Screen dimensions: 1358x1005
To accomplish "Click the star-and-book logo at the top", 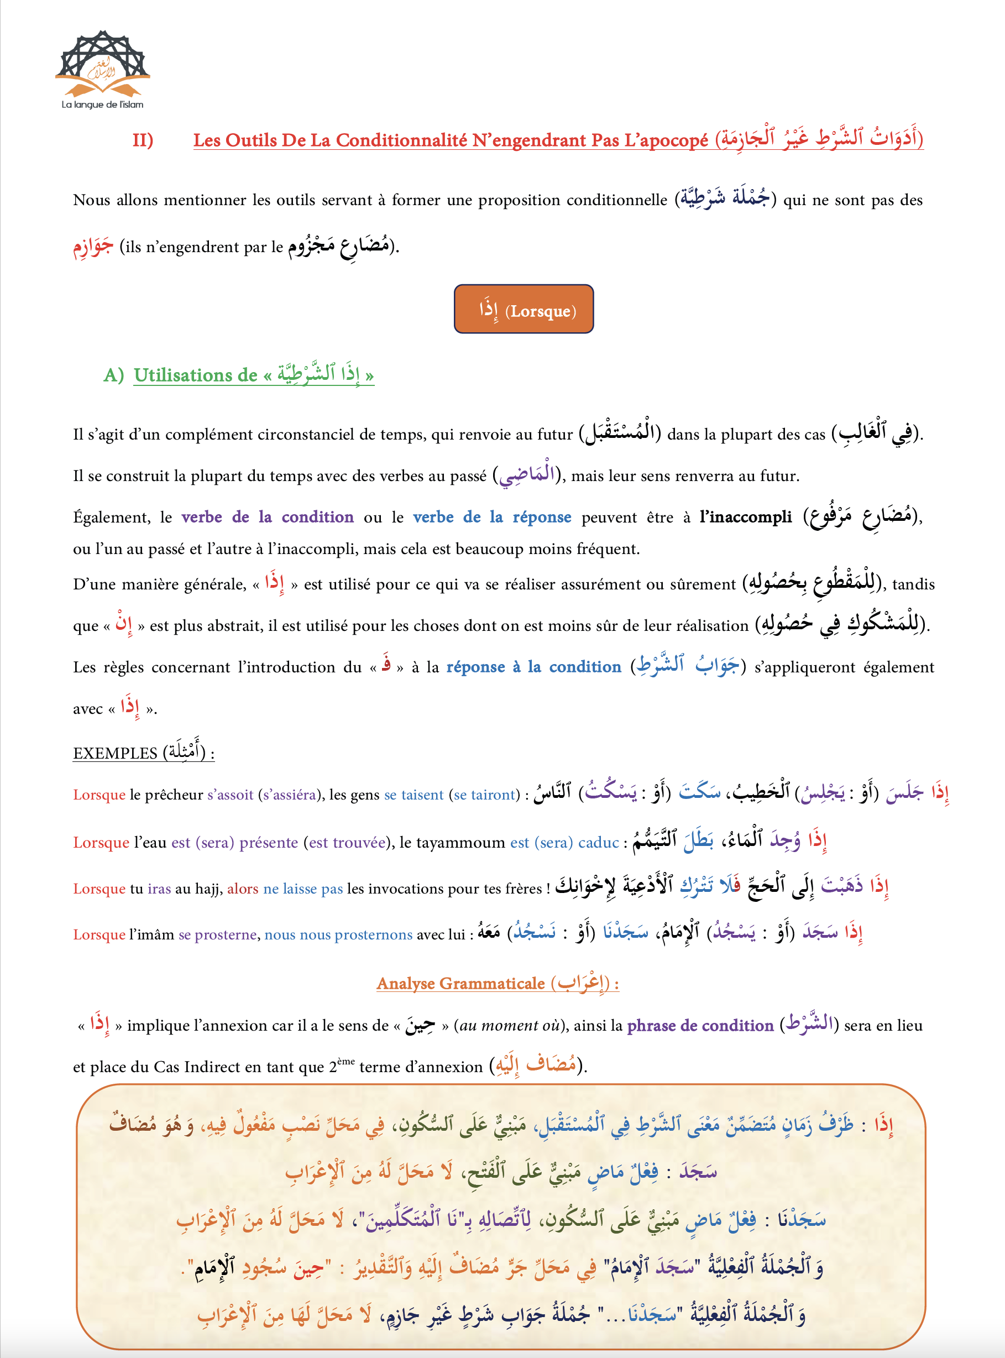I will click(102, 64).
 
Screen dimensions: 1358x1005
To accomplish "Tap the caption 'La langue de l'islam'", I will click(102, 105).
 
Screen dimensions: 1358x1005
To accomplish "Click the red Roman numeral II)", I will click(143, 140).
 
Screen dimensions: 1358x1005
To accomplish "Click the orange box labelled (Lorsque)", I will click(524, 310).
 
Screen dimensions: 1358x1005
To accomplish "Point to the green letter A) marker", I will click(114, 375).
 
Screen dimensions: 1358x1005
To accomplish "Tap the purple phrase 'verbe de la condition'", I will click(267, 517).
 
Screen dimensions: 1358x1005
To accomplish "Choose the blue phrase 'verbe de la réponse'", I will click(491, 517).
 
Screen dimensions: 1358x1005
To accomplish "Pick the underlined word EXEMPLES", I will click(115, 753).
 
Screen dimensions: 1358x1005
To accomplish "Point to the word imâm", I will click(158, 934).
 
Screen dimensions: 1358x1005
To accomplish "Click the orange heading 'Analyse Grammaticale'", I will click(460, 984).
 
